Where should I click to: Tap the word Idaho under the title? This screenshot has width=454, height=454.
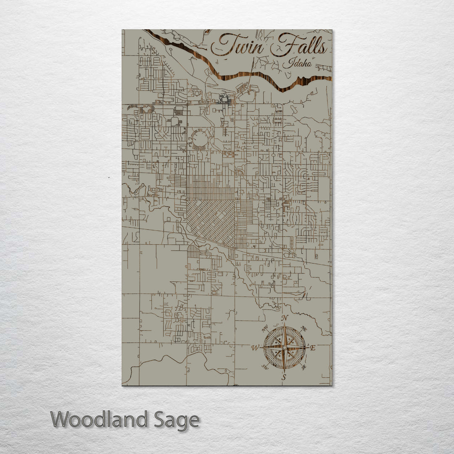click(298, 63)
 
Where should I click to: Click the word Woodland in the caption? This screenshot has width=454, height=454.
click(99, 420)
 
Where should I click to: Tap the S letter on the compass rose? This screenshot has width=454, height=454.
click(284, 377)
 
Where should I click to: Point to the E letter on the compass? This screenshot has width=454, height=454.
click(313, 348)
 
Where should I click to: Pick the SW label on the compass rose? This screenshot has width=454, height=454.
click(265, 367)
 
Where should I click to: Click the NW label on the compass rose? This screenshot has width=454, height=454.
click(265, 329)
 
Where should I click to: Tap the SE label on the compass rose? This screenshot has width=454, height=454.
click(304, 367)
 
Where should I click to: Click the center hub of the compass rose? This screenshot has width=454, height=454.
click(285, 348)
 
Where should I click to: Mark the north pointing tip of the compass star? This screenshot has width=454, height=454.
click(285, 325)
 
